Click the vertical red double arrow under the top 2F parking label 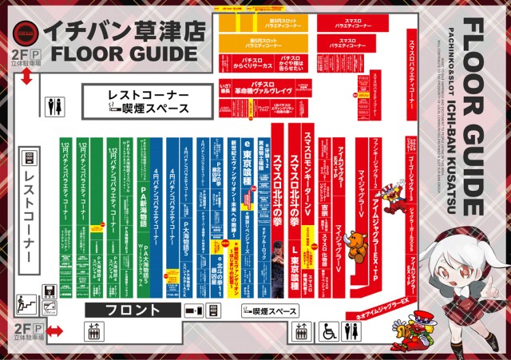click(x=26, y=77)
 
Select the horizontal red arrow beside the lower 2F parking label click(x=54, y=331)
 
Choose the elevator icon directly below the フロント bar click(x=93, y=331)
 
